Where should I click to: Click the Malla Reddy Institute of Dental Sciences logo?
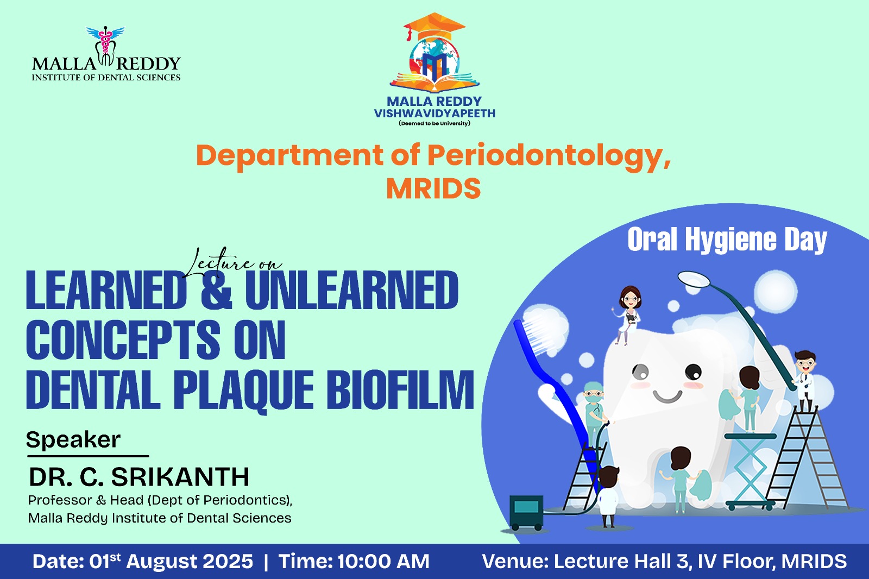point(106,54)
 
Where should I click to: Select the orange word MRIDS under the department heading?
point(433,188)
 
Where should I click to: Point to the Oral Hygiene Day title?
point(727,240)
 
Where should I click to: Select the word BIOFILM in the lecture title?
point(400,389)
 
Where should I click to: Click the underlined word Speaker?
point(73,440)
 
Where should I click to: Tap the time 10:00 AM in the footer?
point(383,562)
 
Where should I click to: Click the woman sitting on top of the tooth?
point(628,315)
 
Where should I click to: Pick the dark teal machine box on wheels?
point(526,512)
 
